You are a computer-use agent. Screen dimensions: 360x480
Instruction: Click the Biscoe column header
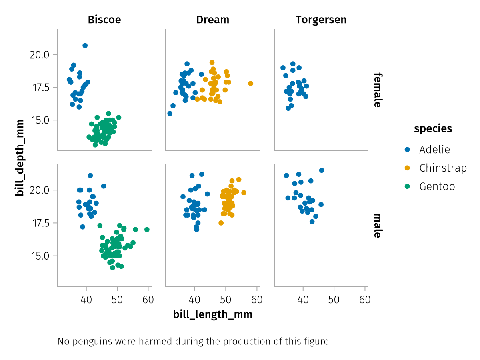click(x=104, y=20)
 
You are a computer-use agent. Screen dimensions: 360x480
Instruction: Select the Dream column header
click(x=213, y=20)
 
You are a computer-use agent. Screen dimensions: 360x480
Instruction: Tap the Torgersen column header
click(x=321, y=20)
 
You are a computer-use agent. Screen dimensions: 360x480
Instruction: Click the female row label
click(x=377, y=90)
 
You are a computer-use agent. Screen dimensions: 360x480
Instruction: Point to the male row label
click(x=377, y=225)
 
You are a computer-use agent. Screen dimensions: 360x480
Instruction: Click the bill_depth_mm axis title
click(x=19, y=158)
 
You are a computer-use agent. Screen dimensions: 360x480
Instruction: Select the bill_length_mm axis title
click(x=213, y=314)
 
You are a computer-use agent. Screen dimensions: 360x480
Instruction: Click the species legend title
click(x=433, y=128)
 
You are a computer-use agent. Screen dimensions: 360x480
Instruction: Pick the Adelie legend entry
click(x=434, y=150)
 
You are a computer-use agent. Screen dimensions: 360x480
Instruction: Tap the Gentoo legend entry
click(x=437, y=186)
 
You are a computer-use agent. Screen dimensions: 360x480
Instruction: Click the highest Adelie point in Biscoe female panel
click(x=85, y=46)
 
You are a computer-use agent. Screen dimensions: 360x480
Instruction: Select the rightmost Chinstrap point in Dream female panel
click(x=251, y=84)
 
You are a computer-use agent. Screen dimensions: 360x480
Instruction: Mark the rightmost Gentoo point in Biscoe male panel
click(x=147, y=230)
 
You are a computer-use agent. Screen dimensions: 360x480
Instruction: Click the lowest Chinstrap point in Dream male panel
click(x=221, y=223)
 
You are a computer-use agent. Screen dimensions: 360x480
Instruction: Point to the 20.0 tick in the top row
click(x=39, y=55)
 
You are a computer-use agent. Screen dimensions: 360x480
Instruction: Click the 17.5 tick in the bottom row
click(x=39, y=223)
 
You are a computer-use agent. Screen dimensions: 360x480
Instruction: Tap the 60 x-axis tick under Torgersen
click(x=365, y=300)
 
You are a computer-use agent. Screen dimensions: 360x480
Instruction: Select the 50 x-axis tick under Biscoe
click(x=117, y=300)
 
